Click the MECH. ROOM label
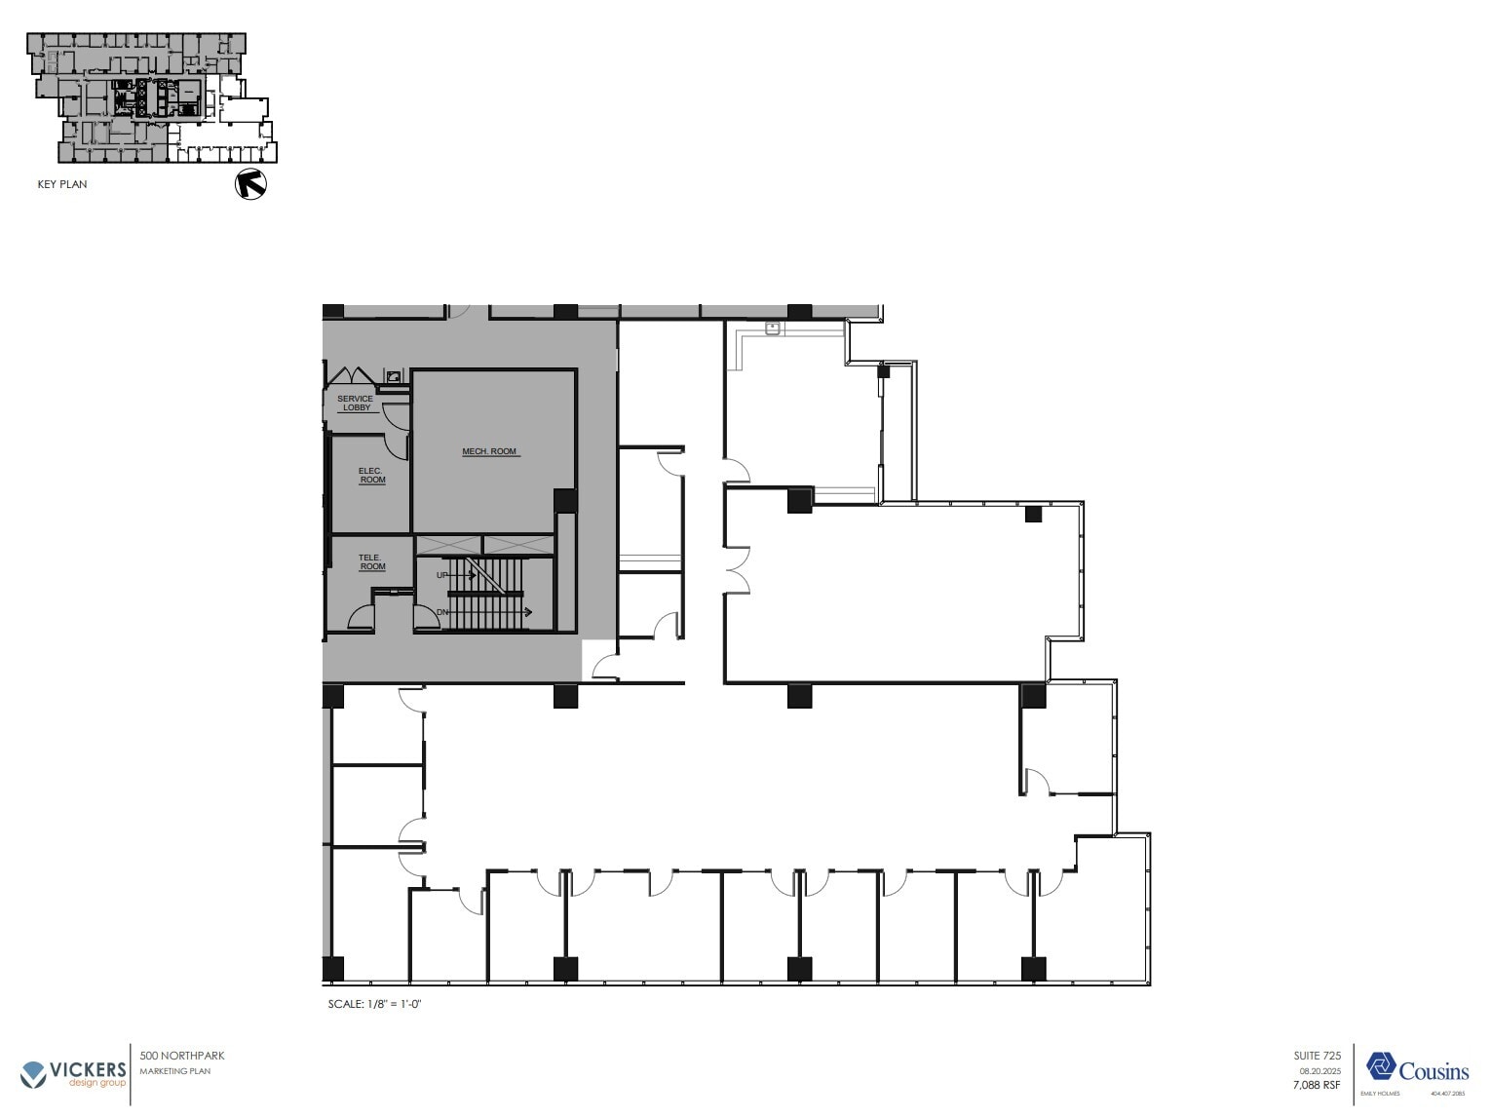(x=489, y=451)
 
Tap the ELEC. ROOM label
(x=371, y=476)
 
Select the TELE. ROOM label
(x=371, y=562)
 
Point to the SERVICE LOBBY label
(x=355, y=403)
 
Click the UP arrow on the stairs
(x=456, y=575)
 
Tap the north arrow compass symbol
(x=251, y=183)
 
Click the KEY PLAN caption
(x=62, y=184)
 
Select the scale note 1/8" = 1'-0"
(x=374, y=1004)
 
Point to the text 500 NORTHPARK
(x=182, y=1056)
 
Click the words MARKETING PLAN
(x=175, y=1071)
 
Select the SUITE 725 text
(x=1318, y=1056)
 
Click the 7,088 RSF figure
(x=1317, y=1085)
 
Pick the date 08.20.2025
(x=1319, y=1071)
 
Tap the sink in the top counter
(x=774, y=329)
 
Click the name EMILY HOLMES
(x=1380, y=1094)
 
